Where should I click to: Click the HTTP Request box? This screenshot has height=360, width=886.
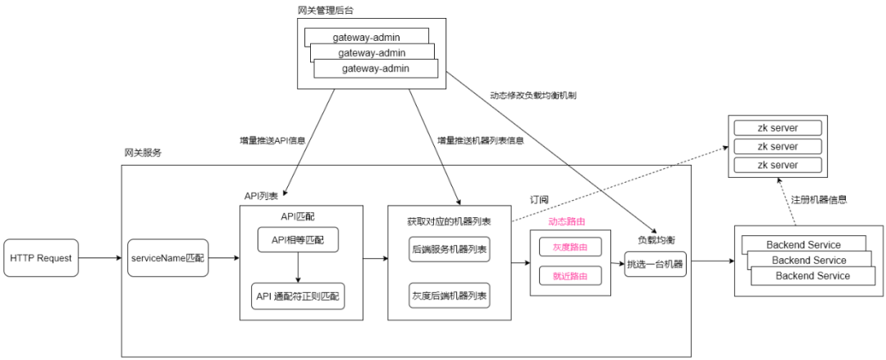click(x=41, y=258)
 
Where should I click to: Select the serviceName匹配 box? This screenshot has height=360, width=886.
click(x=167, y=258)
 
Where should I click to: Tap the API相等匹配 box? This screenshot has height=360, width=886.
click(x=297, y=240)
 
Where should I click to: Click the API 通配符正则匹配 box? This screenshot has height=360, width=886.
click(x=297, y=295)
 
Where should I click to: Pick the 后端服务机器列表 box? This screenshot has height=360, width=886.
click(x=449, y=248)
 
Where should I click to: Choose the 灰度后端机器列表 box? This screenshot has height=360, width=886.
click(x=449, y=295)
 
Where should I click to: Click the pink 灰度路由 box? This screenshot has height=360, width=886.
click(x=569, y=246)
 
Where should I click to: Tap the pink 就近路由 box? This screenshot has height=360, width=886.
click(x=569, y=276)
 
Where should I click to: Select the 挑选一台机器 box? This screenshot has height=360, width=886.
click(x=655, y=264)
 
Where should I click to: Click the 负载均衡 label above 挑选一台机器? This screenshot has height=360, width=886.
click(x=656, y=240)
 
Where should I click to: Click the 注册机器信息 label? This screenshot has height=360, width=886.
click(x=818, y=199)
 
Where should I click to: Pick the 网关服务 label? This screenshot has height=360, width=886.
click(x=143, y=153)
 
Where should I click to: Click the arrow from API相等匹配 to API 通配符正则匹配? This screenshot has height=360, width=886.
click(x=297, y=267)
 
